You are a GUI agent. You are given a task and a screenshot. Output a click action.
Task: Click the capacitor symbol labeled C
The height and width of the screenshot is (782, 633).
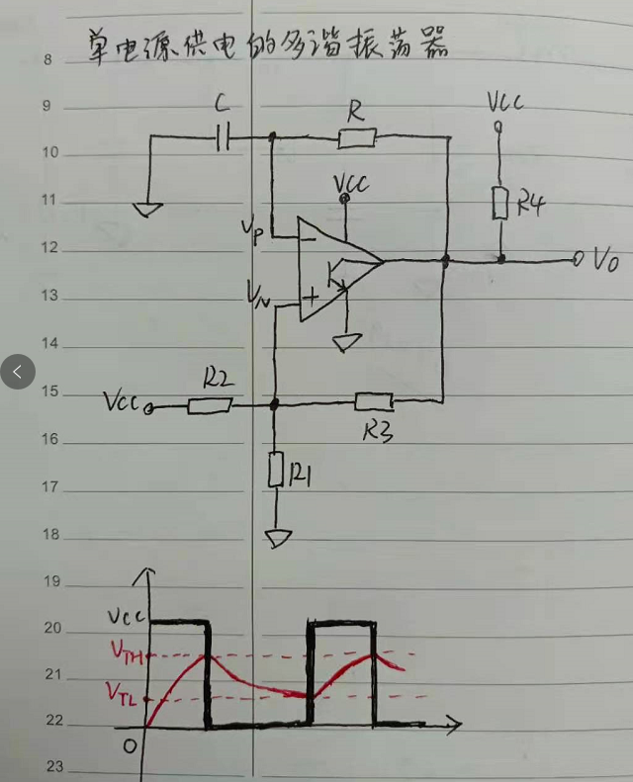(x=223, y=138)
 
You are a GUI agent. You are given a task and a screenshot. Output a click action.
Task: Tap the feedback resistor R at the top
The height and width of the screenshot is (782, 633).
(x=356, y=138)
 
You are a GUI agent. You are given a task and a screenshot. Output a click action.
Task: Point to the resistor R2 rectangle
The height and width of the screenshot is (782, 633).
(x=210, y=404)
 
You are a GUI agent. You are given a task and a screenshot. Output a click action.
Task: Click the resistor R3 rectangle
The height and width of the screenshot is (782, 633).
(x=374, y=401)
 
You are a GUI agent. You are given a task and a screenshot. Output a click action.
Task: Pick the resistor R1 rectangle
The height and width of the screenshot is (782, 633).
(x=277, y=471)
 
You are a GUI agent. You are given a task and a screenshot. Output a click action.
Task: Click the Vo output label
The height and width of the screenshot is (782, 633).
(x=606, y=260)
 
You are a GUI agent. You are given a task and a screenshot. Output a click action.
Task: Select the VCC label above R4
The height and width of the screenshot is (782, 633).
(x=504, y=103)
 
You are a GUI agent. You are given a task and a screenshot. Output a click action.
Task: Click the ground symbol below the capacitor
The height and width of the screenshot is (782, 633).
(x=148, y=209)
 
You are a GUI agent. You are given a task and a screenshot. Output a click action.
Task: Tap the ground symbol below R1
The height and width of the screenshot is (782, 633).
(x=278, y=539)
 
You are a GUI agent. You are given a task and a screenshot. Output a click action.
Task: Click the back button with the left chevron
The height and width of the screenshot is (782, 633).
(x=17, y=372)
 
